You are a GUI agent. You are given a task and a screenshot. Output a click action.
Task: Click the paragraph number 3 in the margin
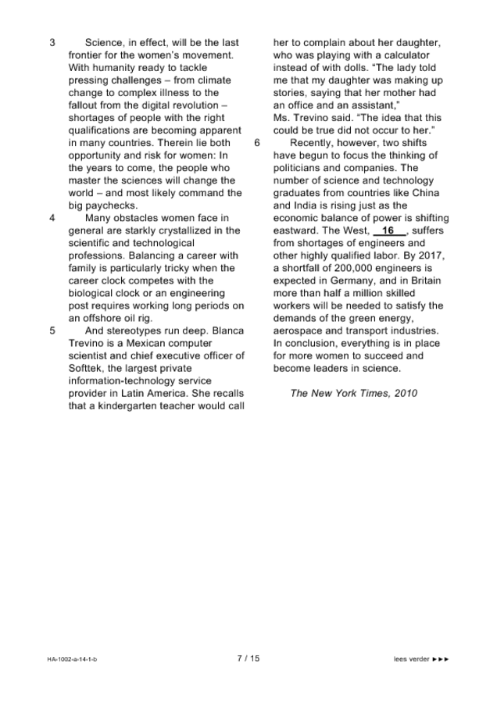click(x=52, y=43)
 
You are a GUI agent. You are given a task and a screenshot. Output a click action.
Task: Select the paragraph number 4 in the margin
click(x=52, y=218)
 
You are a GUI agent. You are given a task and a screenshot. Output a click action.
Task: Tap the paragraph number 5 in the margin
click(x=52, y=330)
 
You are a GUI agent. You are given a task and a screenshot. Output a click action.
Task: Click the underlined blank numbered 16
click(x=389, y=231)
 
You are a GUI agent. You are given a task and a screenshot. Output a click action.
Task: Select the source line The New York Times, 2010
click(x=353, y=393)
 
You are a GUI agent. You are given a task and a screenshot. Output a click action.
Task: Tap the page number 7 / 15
click(x=248, y=658)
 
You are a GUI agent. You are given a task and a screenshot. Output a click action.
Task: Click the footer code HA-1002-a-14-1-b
click(x=72, y=659)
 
